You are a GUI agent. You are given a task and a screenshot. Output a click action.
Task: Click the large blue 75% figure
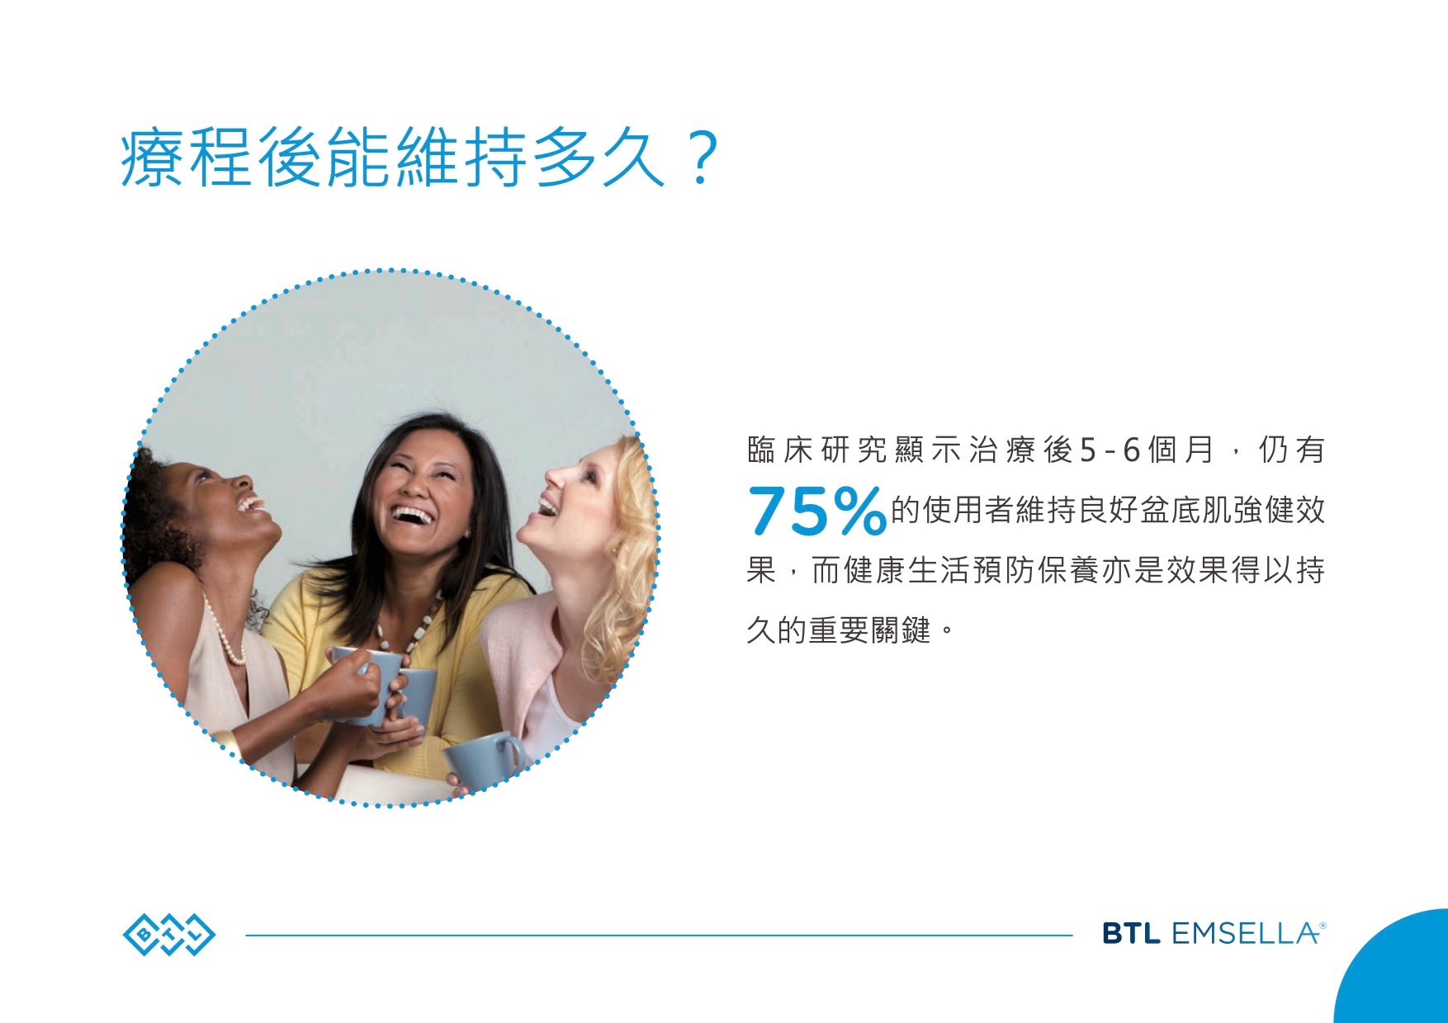[x=817, y=511]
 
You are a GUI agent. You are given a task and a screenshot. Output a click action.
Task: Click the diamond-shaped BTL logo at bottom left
[x=169, y=935]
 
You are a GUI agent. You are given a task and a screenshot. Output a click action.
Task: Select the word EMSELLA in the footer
[x=1244, y=934]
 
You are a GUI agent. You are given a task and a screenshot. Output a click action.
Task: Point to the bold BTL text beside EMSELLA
[x=1132, y=934]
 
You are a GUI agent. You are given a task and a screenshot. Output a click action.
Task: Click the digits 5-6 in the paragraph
[x=1110, y=450]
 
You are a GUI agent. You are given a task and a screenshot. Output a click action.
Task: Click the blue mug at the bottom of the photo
[x=483, y=757]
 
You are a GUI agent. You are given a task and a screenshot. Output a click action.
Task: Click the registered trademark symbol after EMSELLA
[x=1323, y=926]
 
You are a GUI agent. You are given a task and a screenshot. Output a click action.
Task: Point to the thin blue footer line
[x=659, y=936]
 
